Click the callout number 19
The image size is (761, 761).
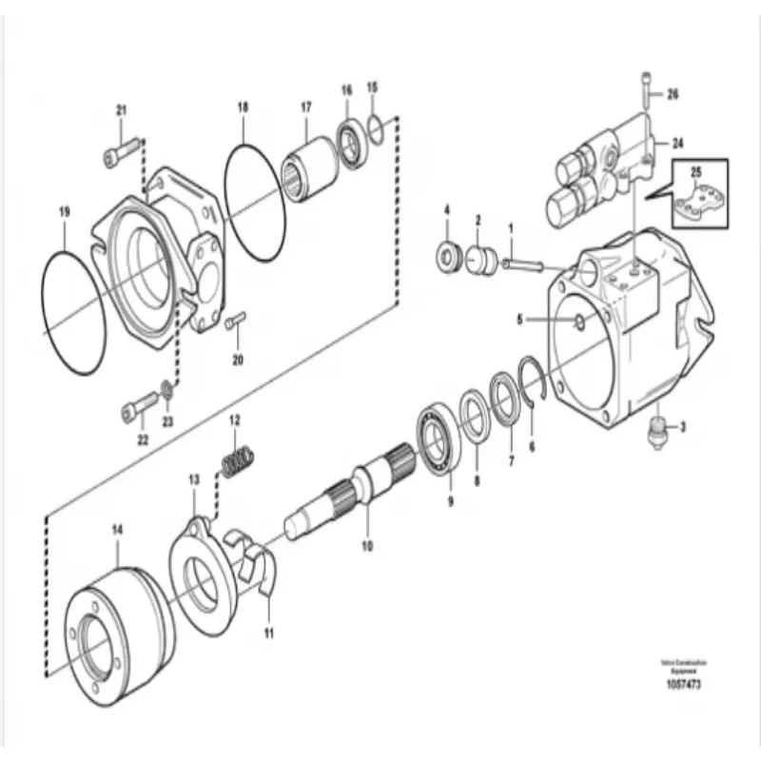64,213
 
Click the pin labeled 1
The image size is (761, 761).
518,263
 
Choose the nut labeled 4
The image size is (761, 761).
445,255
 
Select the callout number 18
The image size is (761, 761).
243,108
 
